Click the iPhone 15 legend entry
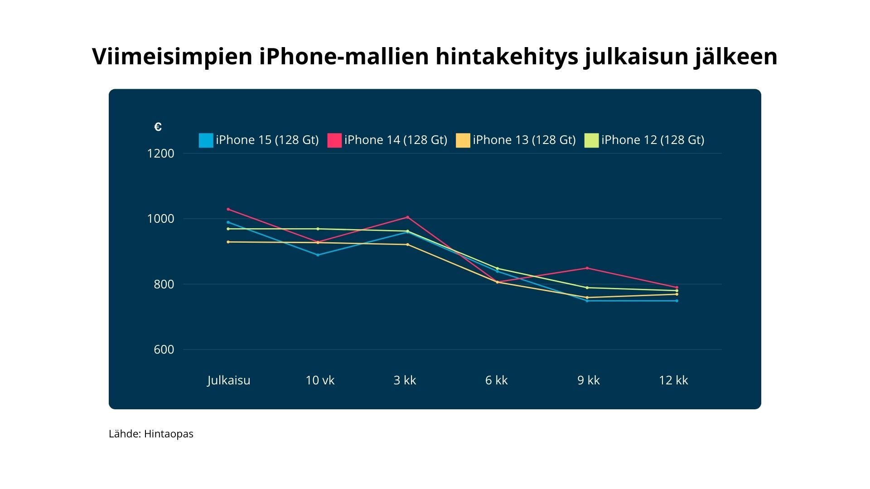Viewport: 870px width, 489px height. click(x=259, y=140)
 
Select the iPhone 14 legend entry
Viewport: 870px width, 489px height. click(x=387, y=140)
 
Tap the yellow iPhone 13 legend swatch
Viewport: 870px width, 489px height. click(x=463, y=140)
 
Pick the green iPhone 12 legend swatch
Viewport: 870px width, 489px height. click(x=592, y=140)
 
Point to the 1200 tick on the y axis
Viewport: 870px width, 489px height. click(x=160, y=153)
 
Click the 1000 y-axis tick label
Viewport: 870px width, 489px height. click(x=160, y=219)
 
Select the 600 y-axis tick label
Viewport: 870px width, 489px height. click(x=164, y=350)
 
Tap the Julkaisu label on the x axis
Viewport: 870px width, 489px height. click(x=229, y=380)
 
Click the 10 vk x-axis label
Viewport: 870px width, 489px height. click(x=320, y=380)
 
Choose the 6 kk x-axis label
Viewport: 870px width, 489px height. click(x=496, y=380)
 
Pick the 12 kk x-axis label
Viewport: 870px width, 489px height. click(x=673, y=380)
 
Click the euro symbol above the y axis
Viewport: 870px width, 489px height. click(x=158, y=127)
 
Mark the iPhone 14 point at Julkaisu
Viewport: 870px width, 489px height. click(x=228, y=209)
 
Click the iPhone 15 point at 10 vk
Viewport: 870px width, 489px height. click(x=318, y=255)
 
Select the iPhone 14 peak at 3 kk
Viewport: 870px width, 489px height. click(x=407, y=217)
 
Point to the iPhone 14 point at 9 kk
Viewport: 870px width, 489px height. click(x=587, y=268)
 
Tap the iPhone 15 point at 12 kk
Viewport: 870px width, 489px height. click(x=677, y=301)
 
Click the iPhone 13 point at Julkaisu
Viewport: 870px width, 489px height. click(x=228, y=242)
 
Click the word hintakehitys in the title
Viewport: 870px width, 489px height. click(x=507, y=57)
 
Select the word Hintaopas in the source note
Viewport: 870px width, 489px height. click(x=169, y=434)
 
